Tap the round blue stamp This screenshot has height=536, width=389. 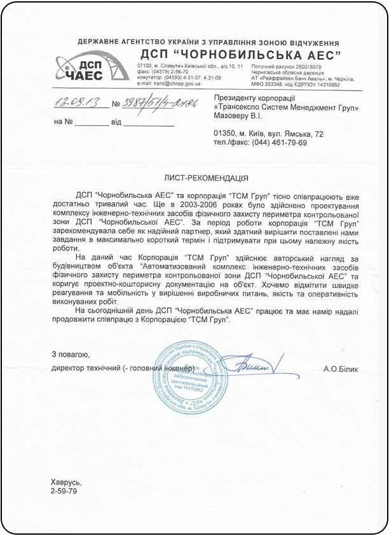191,377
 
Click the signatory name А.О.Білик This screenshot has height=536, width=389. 341,369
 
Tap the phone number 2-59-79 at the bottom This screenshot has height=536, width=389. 64,493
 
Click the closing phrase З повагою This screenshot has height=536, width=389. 71,354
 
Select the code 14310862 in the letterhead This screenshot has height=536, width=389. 324,84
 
